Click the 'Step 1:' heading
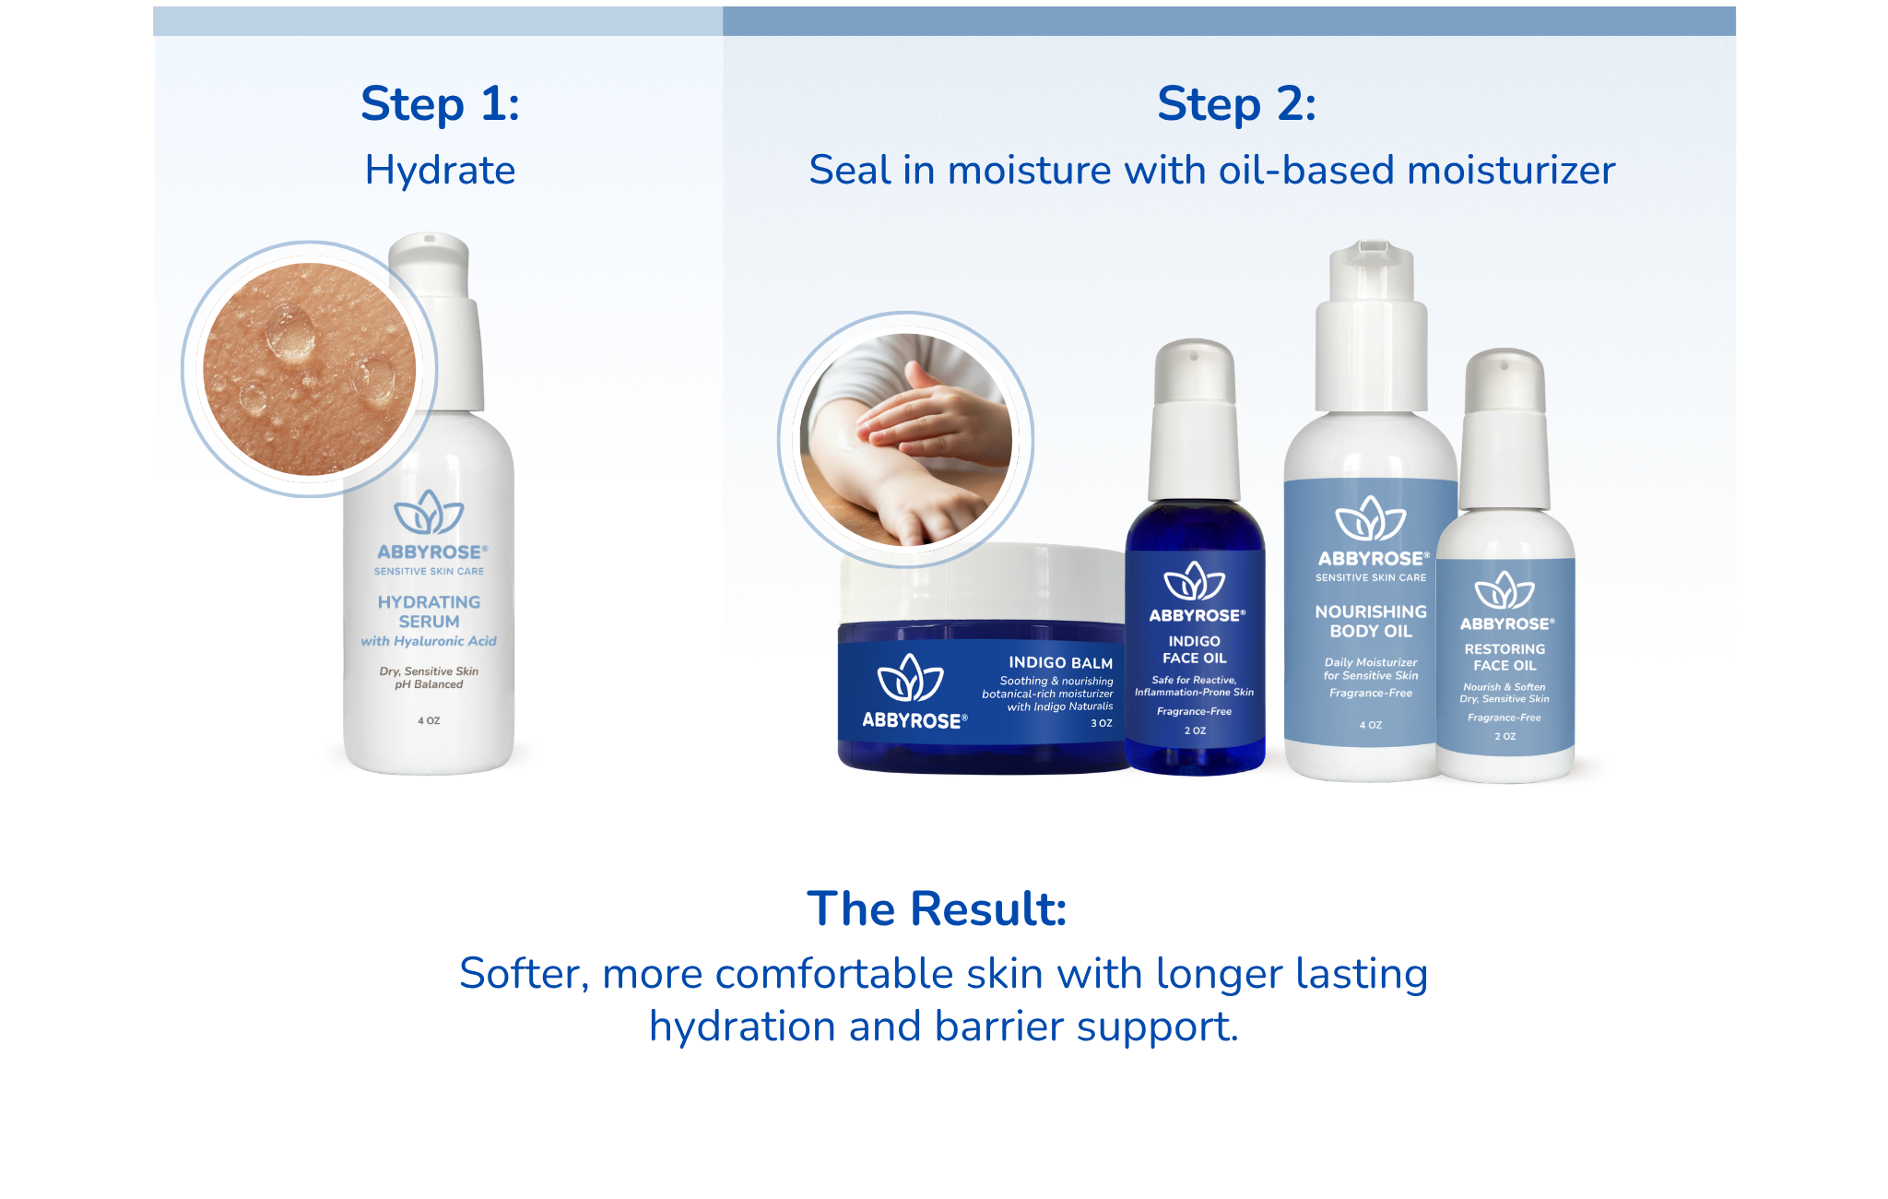[440, 103]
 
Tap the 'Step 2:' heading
[1236, 103]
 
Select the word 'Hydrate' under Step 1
[440, 170]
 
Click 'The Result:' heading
[937, 908]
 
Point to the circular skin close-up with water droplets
[310, 369]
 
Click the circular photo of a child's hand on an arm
[906, 440]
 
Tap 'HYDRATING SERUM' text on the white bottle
[429, 611]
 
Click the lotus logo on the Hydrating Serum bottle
[429, 513]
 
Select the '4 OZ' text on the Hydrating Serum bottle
[429, 720]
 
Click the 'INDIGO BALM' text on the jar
[1060, 662]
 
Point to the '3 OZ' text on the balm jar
[1102, 723]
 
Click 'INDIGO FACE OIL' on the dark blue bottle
[1195, 649]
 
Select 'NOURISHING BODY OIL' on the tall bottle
[1371, 622]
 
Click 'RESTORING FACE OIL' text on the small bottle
[1504, 657]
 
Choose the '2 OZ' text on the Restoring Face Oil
[1504, 736]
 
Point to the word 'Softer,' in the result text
[524, 974]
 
